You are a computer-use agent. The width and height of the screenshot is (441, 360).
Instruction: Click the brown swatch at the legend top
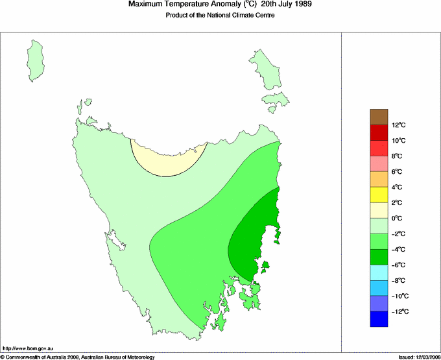(x=379, y=117)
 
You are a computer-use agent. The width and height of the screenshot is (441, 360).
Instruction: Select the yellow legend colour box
(x=379, y=195)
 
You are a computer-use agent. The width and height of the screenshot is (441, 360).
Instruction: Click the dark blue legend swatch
(x=379, y=319)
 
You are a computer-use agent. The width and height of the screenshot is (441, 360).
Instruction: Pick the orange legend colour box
(x=379, y=179)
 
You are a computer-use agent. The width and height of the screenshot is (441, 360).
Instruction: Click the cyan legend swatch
(x=379, y=272)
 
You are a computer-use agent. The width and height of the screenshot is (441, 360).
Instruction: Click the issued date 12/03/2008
(x=425, y=357)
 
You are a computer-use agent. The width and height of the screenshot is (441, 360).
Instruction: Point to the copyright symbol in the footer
(x=3, y=357)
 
